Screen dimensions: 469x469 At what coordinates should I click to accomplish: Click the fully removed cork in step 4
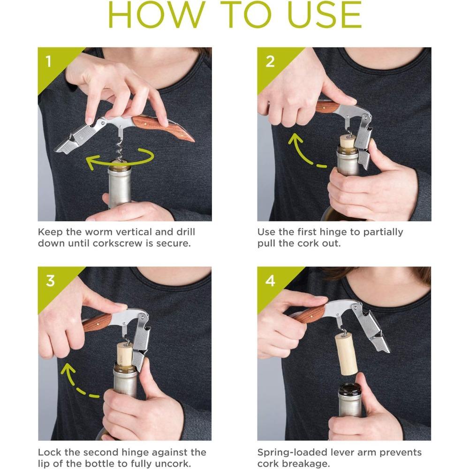point(347,355)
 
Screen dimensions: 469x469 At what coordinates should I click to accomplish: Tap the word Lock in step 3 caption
point(49,452)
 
